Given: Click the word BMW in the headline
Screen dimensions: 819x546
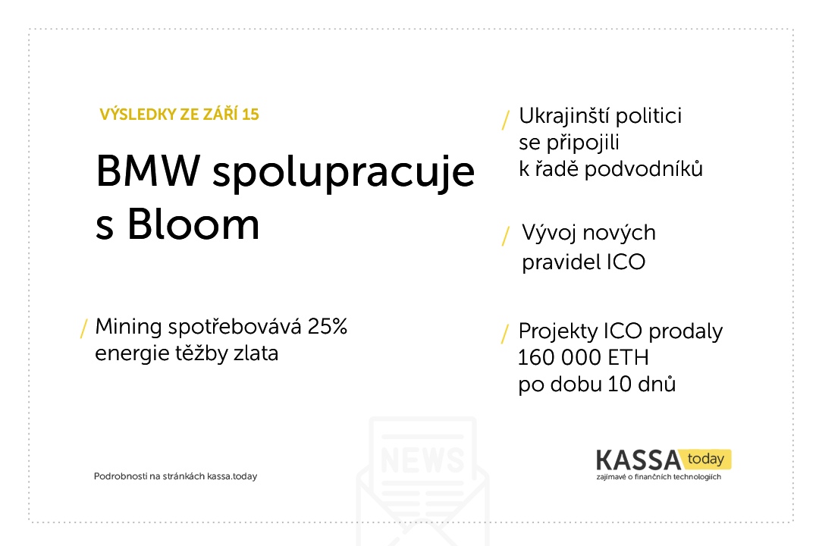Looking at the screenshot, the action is [x=148, y=171].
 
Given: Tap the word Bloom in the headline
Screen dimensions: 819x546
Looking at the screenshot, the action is [x=193, y=224].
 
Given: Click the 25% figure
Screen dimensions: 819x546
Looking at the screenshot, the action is [x=328, y=327].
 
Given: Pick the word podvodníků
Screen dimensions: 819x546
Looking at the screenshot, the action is [x=644, y=170].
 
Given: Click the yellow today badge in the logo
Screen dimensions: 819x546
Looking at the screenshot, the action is [x=706, y=459].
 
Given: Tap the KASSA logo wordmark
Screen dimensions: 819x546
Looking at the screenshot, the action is [x=639, y=460].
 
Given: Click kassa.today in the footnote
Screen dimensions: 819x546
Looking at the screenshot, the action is [x=232, y=476].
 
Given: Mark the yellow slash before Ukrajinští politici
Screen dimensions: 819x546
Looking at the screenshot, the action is [x=506, y=120].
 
